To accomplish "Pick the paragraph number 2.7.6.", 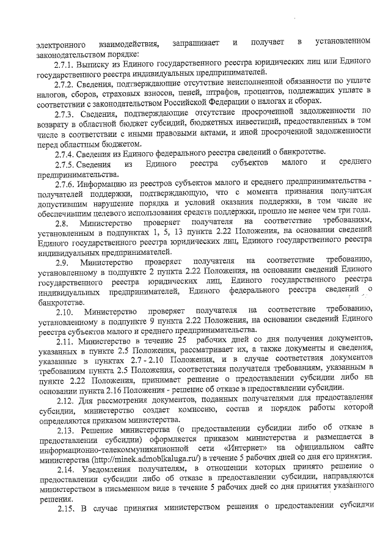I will tap(65, 184).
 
